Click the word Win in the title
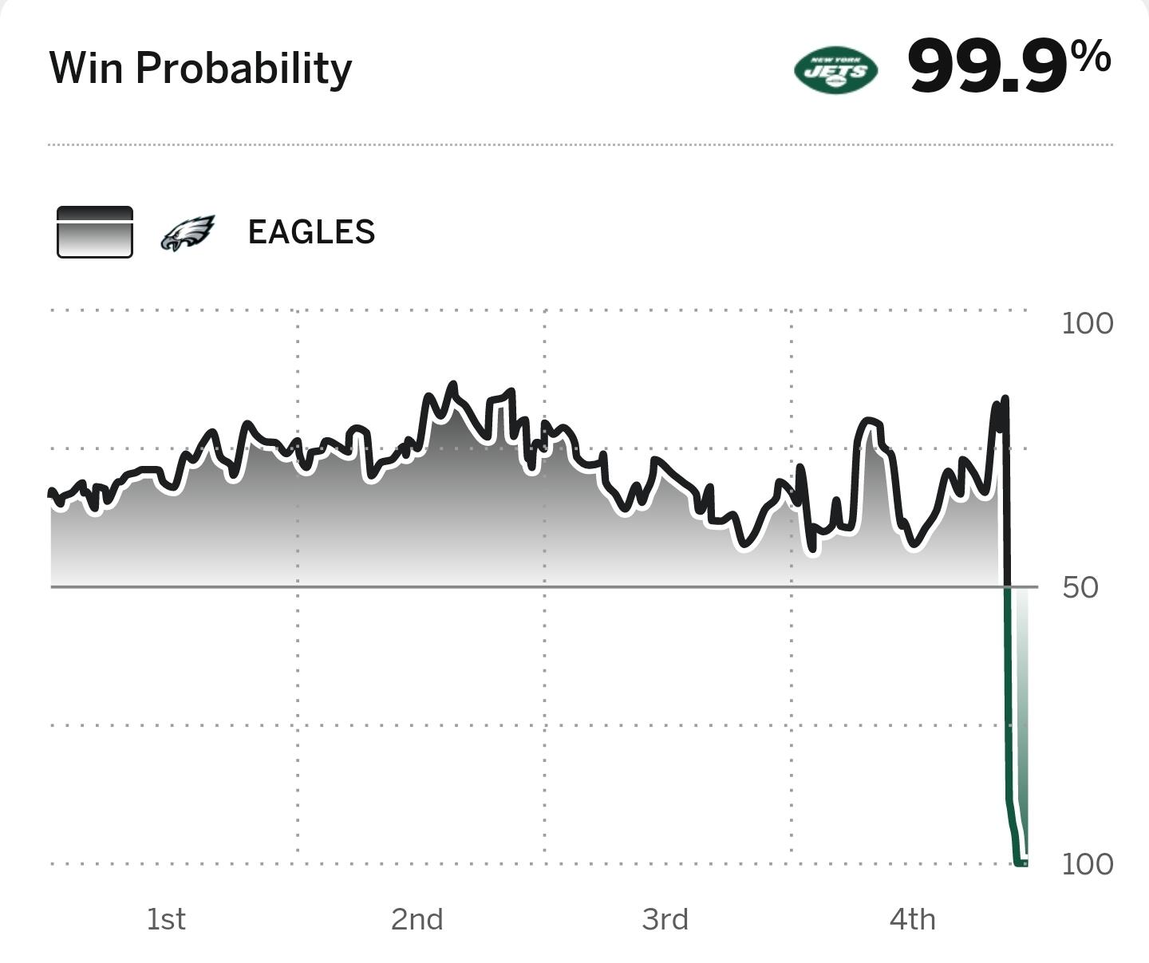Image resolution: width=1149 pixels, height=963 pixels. tap(85, 68)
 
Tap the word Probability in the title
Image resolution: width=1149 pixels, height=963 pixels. tap(243, 69)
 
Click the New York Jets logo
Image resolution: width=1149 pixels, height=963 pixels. tap(835, 70)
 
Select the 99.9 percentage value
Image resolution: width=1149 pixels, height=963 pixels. tap(987, 67)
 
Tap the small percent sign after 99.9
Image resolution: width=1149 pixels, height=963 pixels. tap(1091, 57)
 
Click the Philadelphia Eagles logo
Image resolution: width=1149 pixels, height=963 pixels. tap(188, 233)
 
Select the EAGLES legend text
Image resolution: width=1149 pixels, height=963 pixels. tap(311, 233)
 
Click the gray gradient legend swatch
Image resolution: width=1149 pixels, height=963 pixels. tap(95, 232)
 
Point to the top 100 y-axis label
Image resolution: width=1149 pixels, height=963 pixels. tap(1087, 323)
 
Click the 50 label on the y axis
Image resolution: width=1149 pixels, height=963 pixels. tap(1080, 587)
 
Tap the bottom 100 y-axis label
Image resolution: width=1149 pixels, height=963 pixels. tap(1087, 864)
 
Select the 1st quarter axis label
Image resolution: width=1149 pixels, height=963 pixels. tap(166, 919)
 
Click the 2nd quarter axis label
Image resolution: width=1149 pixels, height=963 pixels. tap(417, 919)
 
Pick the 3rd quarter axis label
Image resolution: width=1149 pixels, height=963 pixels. tap(665, 919)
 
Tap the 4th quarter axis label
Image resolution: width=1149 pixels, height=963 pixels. tap(912, 919)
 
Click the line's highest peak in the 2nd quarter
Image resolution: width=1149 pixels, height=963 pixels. tap(453, 385)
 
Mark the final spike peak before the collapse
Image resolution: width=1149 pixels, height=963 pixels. tap(1004, 399)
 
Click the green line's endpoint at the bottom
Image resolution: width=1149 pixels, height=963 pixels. tap(1022, 862)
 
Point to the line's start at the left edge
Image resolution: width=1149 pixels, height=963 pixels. tap(51, 492)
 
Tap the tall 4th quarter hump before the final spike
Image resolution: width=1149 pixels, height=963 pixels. tap(868, 420)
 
